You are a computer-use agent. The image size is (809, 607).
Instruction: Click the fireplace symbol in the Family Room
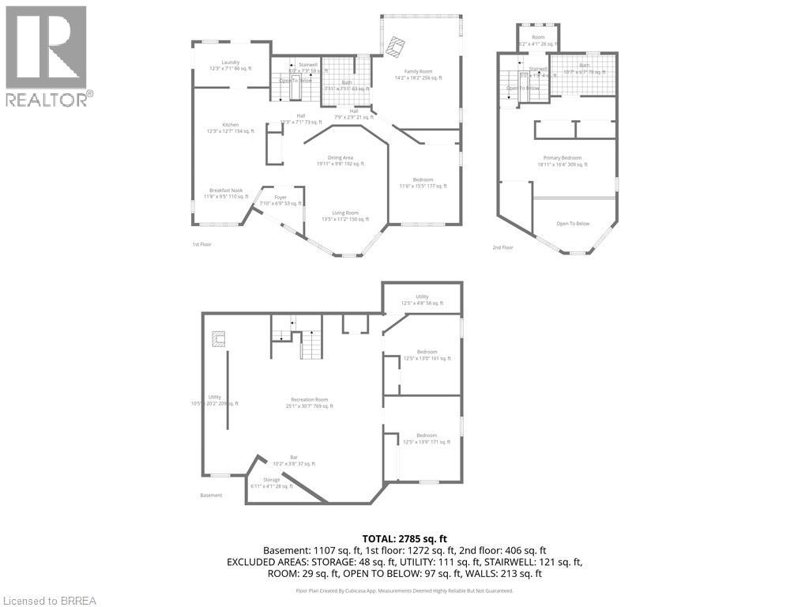point(398,46)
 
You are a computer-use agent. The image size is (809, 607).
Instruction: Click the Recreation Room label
point(309,402)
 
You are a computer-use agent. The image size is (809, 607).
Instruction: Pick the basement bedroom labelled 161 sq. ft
point(427,355)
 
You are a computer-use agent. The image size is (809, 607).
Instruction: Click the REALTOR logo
point(47,56)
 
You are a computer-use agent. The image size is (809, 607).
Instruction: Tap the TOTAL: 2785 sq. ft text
point(404,537)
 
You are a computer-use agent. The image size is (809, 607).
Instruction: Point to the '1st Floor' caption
point(201,244)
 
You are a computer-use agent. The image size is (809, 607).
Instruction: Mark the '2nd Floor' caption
point(502,247)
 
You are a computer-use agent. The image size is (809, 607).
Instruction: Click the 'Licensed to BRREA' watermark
point(49,600)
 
